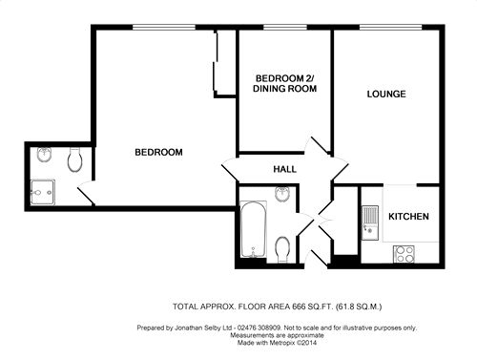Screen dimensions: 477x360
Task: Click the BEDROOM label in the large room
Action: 158,152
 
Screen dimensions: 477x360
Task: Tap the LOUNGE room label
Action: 386,94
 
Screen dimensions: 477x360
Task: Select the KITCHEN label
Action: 408,217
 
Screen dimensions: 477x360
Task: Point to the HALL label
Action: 285,169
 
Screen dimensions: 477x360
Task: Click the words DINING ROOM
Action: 284,88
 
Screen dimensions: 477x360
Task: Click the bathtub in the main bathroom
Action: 254,229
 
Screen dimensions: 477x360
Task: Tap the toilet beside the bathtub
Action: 282,249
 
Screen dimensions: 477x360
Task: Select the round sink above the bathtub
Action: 281,194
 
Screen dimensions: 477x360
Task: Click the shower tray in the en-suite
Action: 43,193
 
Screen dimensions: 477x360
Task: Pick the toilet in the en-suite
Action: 75,159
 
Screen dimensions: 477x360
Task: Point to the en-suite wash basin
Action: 44,155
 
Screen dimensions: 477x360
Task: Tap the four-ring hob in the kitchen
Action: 404,254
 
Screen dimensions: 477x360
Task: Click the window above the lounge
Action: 391,28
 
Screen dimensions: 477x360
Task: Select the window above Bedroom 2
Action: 285,28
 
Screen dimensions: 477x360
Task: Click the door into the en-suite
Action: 86,193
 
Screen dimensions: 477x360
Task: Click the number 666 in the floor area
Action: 298,307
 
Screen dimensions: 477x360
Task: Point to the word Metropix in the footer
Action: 282,343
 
